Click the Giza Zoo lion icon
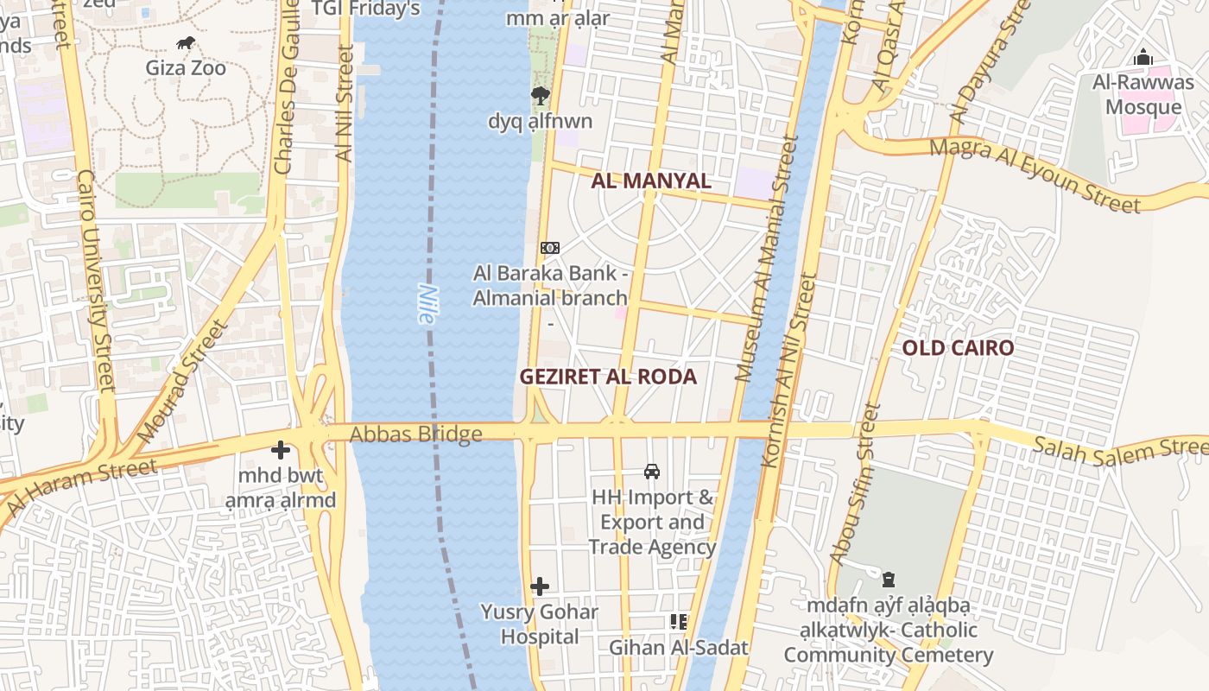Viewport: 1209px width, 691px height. (x=185, y=42)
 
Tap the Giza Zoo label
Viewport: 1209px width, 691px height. (x=186, y=67)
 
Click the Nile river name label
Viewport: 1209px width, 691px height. (x=425, y=304)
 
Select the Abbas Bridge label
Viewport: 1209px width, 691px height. (x=415, y=434)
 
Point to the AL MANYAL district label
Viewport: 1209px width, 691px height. (x=651, y=181)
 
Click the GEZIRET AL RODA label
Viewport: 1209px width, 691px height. (x=608, y=377)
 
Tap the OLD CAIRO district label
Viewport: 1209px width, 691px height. (x=958, y=348)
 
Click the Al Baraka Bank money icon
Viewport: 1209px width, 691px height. (x=550, y=248)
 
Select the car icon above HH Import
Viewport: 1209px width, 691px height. (x=652, y=472)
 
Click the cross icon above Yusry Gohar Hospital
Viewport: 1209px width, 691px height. (x=540, y=587)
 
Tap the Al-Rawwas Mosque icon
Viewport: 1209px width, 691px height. (x=1143, y=58)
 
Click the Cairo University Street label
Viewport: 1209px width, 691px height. (x=97, y=280)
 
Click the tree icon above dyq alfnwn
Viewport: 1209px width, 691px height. (x=541, y=96)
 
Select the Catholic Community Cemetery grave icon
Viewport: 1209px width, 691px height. (x=889, y=579)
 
